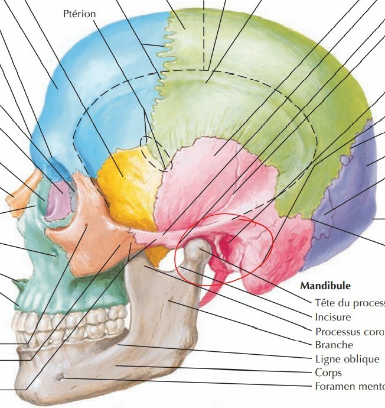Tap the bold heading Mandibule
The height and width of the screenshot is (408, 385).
[x=325, y=286]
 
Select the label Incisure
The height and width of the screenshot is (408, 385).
[x=332, y=316]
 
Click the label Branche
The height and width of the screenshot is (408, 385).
[x=334, y=345]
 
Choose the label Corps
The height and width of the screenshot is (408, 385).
[x=328, y=373]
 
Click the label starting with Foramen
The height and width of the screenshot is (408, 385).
[x=349, y=387]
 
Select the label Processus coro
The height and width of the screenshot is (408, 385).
[x=349, y=331]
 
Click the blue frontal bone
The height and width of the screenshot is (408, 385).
[x=89, y=89]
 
